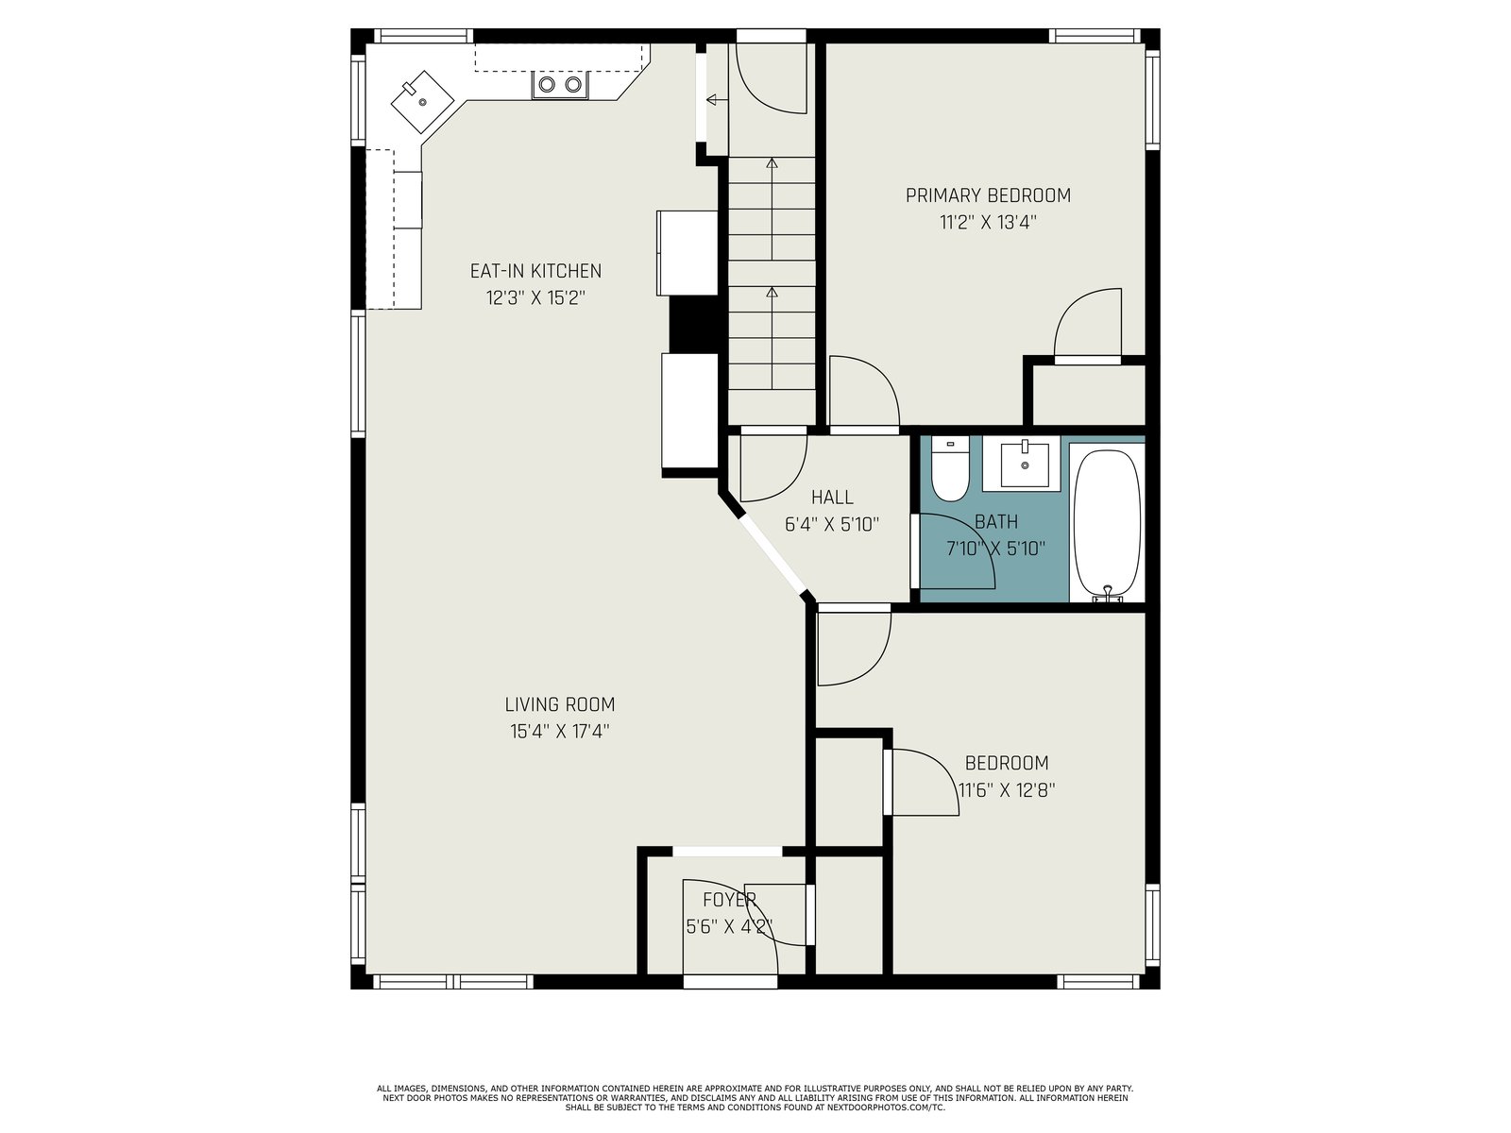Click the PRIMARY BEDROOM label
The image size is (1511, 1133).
(988, 196)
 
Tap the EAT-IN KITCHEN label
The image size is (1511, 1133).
(535, 271)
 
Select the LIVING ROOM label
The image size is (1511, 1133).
(560, 704)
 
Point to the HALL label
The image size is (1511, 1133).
(832, 498)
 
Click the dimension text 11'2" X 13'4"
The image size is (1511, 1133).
(988, 223)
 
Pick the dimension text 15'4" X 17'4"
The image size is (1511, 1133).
(560, 731)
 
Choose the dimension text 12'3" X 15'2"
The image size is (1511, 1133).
(535, 298)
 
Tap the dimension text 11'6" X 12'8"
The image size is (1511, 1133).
(1007, 789)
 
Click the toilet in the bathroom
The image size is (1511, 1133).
(950, 468)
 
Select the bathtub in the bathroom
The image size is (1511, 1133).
(1107, 526)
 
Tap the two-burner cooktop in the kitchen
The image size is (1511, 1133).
(560, 85)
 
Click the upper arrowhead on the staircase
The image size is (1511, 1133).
(772, 163)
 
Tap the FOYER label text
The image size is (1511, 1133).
(730, 899)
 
